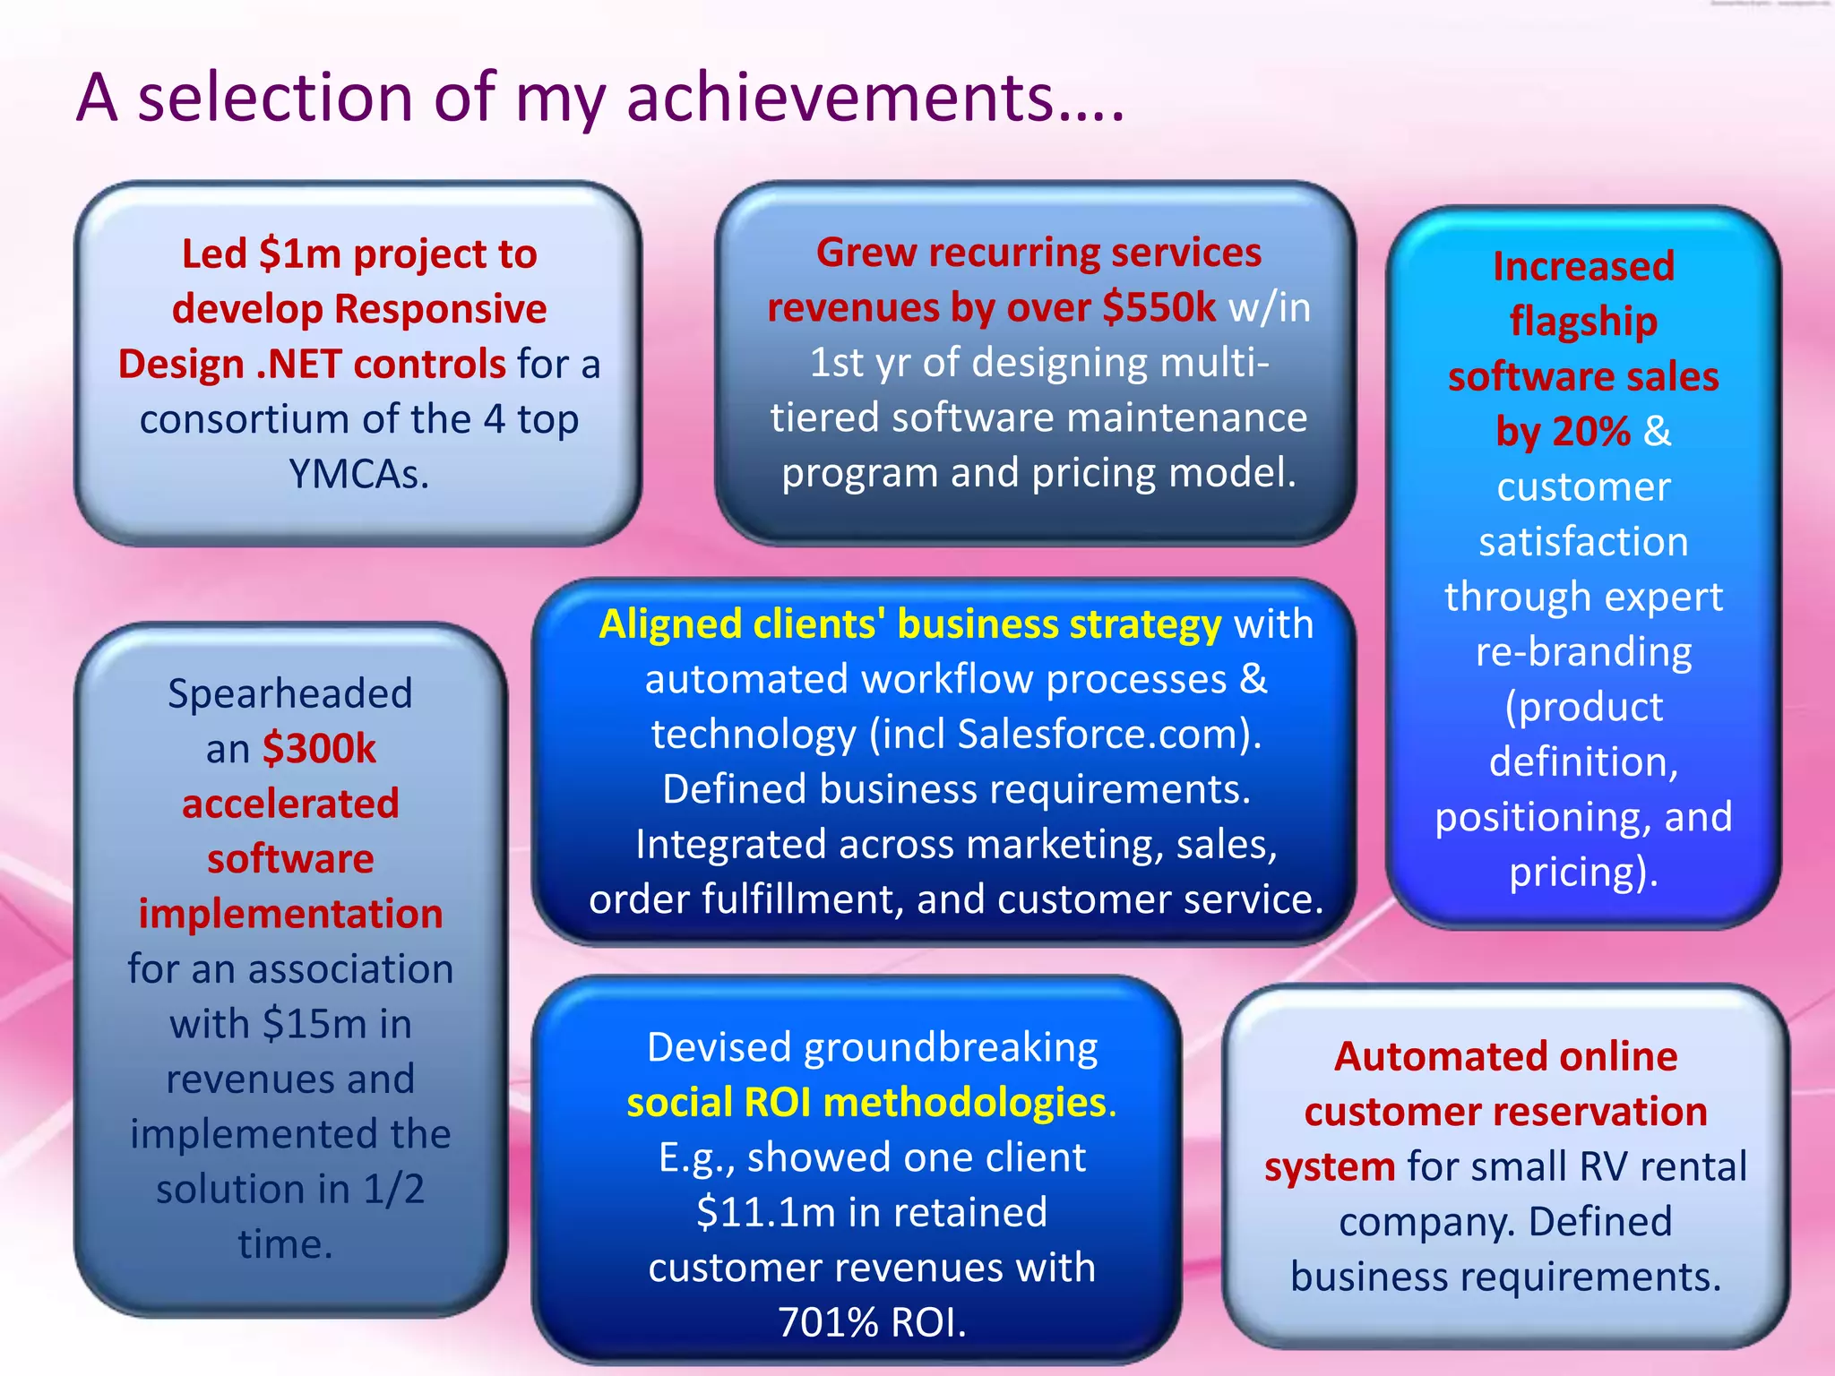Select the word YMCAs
click(358, 475)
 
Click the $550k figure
click(1159, 308)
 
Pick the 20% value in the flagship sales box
click(1563, 432)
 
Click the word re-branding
click(1583, 652)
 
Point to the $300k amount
click(319, 749)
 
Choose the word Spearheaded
click(290, 694)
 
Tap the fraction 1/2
click(393, 1190)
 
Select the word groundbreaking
click(950, 1048)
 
